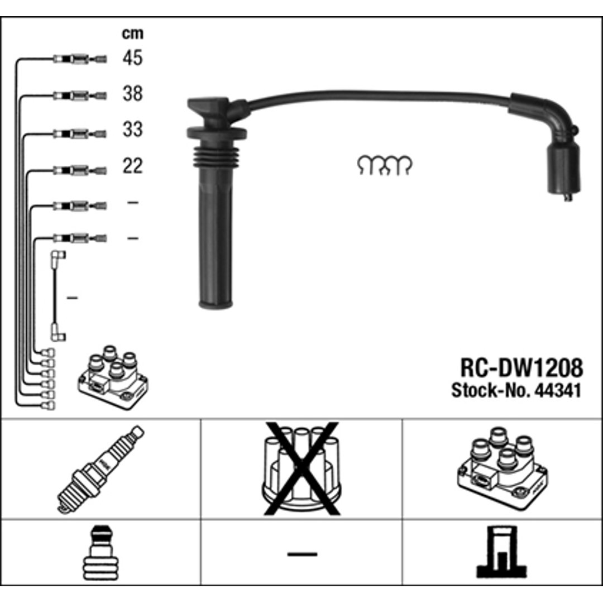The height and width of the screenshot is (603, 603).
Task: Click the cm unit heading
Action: point(133,34)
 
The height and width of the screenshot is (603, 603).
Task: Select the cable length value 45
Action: point(133,58)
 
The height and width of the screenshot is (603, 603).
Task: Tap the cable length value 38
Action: point(133,93)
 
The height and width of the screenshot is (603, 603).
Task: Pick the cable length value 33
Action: point(133,129)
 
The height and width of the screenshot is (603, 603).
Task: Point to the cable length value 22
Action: point(133,166)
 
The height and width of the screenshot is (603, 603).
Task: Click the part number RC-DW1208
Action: point(521,367)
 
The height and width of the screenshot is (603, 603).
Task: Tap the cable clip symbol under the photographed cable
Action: point(385,165)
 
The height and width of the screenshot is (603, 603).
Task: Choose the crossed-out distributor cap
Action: point(301,468)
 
